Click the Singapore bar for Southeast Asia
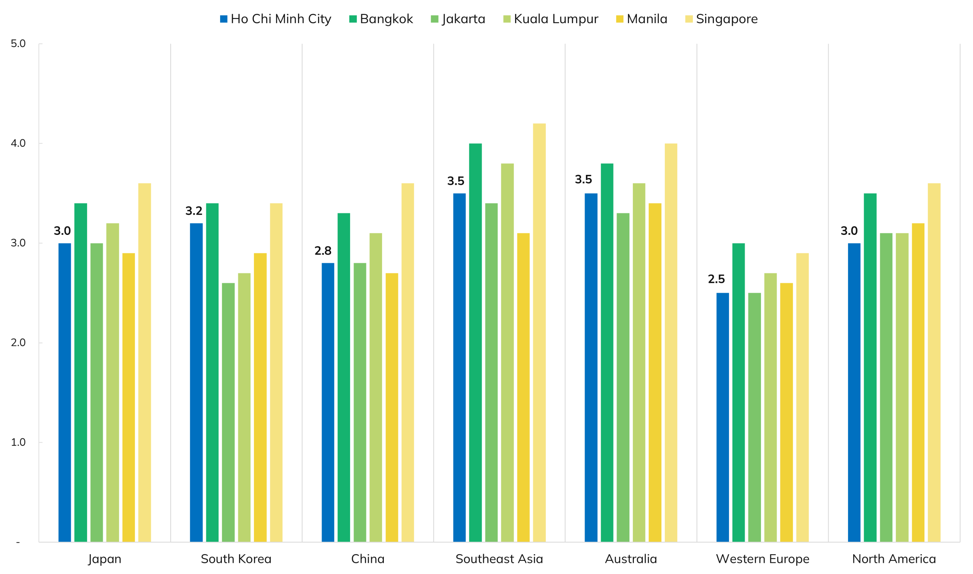pyautogui.click(x=539, y=333)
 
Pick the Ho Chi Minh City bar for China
pyautogui.click(x=328, y=402)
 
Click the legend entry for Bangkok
pyautogui.click(x=386, y=19)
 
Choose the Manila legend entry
pyautogui.click(x=647, y=19)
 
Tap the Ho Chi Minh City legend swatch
pyautogui.click(x=224, y=19)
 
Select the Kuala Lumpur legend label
pyautogui.click(x=556, y=19)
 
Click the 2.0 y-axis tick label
pyautogui.click(x=18, y=343)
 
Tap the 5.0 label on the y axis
pyautogui.click(x=18, y=43)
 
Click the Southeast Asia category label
pyautogui.click(x=499, y=559)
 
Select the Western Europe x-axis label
pyautogui.click(x=762, y=559)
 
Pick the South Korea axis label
pyautogui.click(x=236, y=559)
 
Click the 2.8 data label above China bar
pyautogui.click(x=323, y=251)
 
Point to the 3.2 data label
pyautogui.click(x=194, y=211)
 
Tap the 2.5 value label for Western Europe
pyautogui.click(x=716, y=279)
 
